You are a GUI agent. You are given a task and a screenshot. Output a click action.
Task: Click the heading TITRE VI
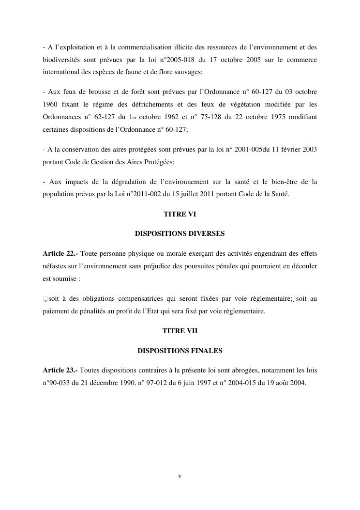[180, 214]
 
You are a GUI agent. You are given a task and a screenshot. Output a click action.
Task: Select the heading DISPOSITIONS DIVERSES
[180, 233]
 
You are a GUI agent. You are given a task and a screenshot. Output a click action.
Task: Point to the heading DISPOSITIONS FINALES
[180, 350]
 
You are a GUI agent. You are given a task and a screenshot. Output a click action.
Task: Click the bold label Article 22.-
[60, 253]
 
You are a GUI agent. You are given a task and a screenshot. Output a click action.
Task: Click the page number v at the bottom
[180, 476]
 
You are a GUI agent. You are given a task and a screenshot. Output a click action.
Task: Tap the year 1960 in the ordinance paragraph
[50, 104]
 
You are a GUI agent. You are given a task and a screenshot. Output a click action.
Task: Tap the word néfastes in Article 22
[55, 266]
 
